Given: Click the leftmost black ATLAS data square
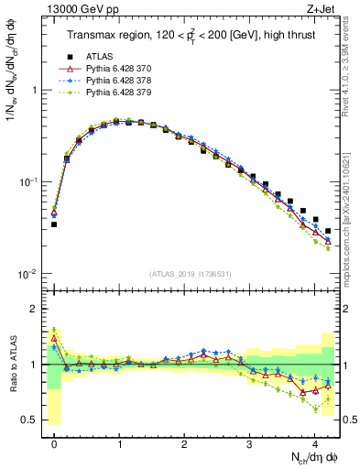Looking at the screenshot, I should pos(54,224).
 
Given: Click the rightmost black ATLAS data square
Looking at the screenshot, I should pos(328,231).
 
